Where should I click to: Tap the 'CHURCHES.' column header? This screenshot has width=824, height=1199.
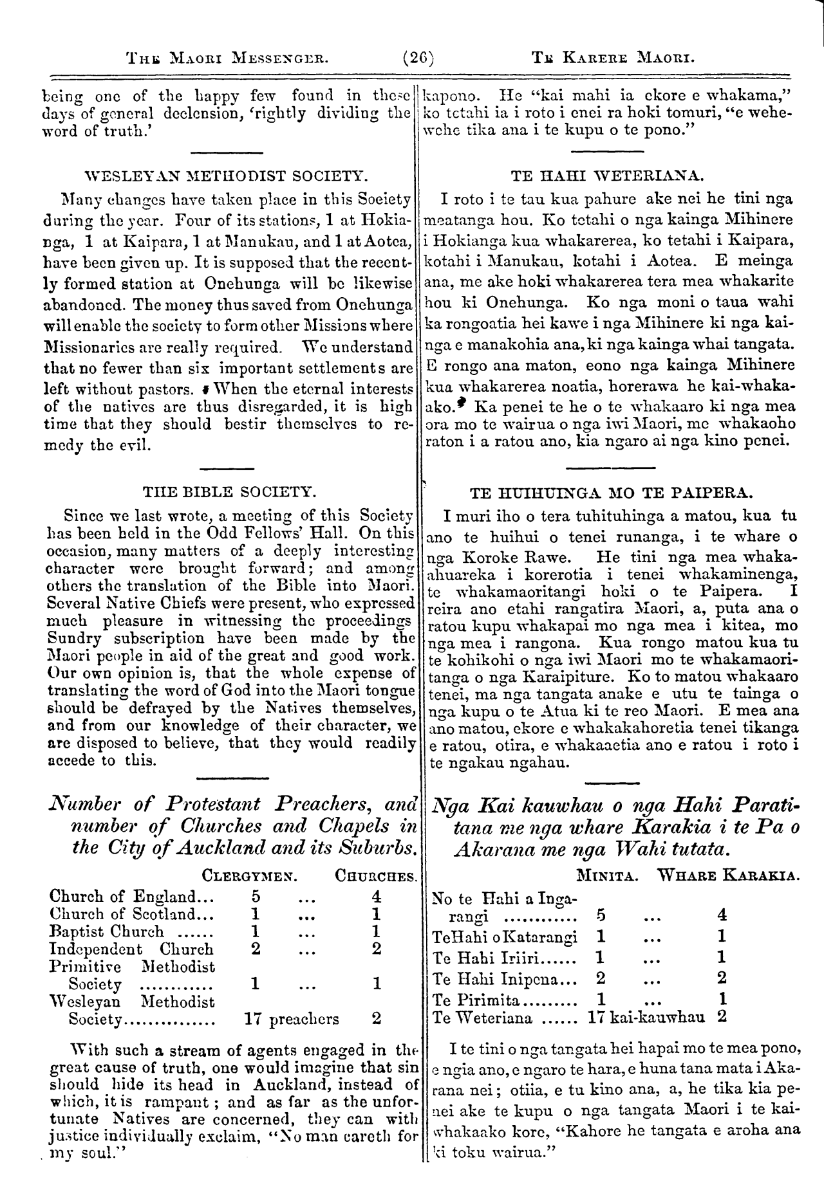coord(377,875)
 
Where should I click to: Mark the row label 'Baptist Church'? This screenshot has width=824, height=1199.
coord(106,931)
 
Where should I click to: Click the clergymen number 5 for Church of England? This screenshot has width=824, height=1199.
coord(256,896)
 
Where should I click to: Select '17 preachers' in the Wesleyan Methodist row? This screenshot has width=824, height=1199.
coord(292,1019)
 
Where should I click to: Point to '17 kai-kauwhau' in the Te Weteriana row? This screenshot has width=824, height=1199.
coord(646,1017)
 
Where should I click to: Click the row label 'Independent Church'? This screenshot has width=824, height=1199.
coord(131,949)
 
